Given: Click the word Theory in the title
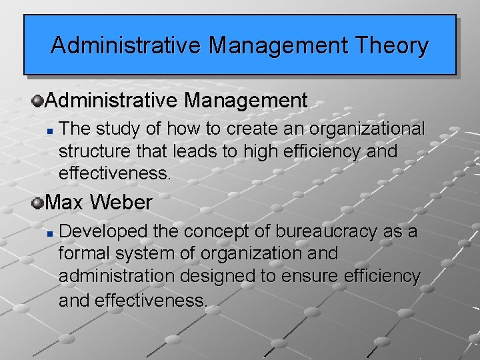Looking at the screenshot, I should click(x=392, y=46).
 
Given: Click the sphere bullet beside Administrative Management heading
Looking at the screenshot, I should click(x=37, y=101).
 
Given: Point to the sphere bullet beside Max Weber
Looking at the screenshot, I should click(x=37, y=201).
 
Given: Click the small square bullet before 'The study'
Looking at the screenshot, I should click(x=51, y=129).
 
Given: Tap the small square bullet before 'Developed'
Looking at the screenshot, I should click(x=51, y=233).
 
